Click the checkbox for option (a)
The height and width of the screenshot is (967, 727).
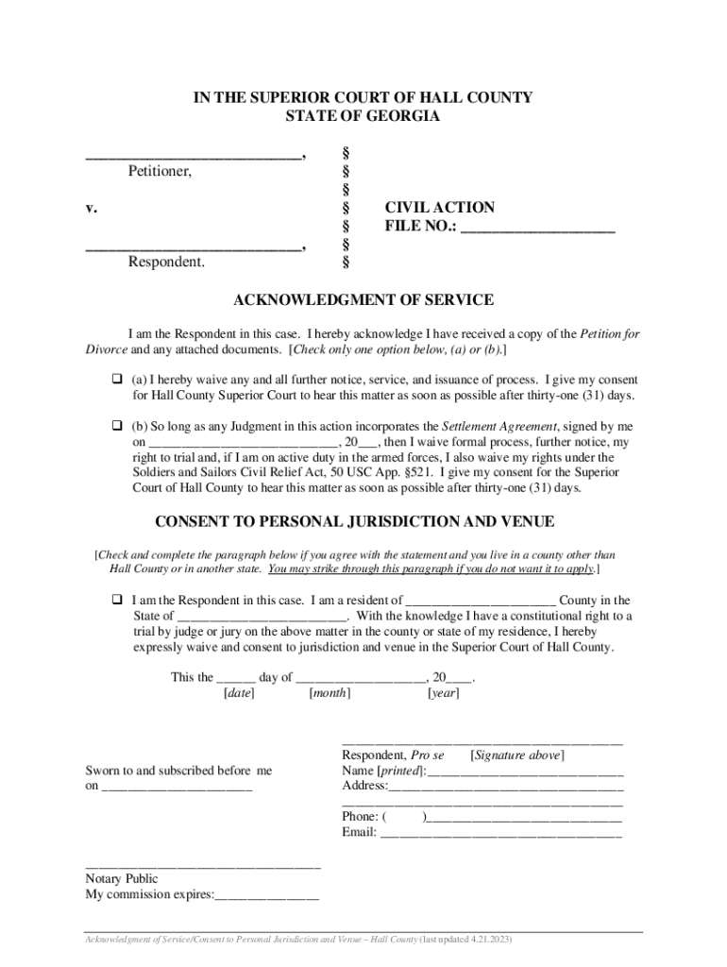click(119, 380)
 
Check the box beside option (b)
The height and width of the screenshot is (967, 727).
click(119, 427)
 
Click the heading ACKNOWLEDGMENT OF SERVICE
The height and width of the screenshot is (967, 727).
click(363, 300)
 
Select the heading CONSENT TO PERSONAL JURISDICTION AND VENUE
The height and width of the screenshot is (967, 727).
click(354, 522)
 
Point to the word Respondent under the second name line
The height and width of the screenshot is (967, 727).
click(166, 262)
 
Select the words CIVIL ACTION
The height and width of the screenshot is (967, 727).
click(439, 208)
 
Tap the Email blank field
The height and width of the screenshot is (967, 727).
click(500, 833)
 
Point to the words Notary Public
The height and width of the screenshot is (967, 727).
click(122, 879)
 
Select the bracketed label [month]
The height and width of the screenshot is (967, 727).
click(330, 693)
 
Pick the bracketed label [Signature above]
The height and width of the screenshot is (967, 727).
click(517, 755)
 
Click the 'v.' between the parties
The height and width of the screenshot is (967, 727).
click(92, 208)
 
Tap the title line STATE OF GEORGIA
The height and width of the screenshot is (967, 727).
click(363, 116)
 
